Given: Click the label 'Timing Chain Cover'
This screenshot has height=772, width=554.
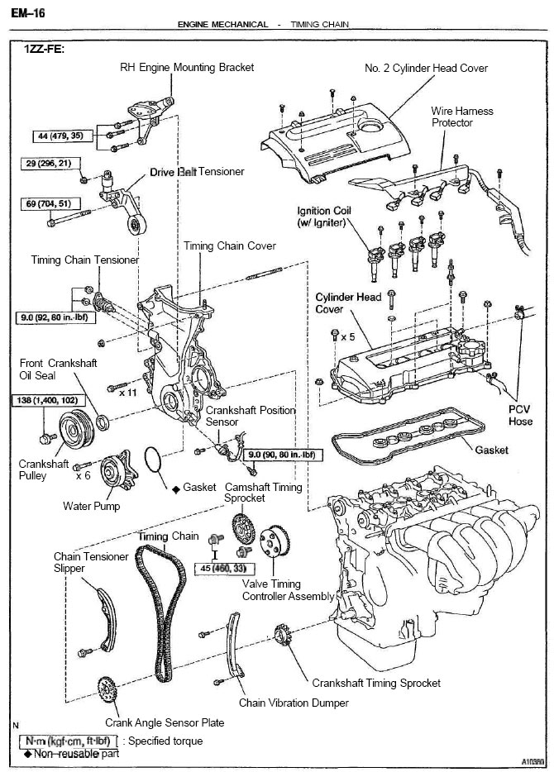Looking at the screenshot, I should coord(230,245).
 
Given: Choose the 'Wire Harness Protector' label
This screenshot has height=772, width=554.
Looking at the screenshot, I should coord(462,117).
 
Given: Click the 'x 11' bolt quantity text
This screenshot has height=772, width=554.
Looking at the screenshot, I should coord(127,393).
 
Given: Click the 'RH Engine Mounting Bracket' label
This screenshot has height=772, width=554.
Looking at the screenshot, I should coord(187,67).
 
